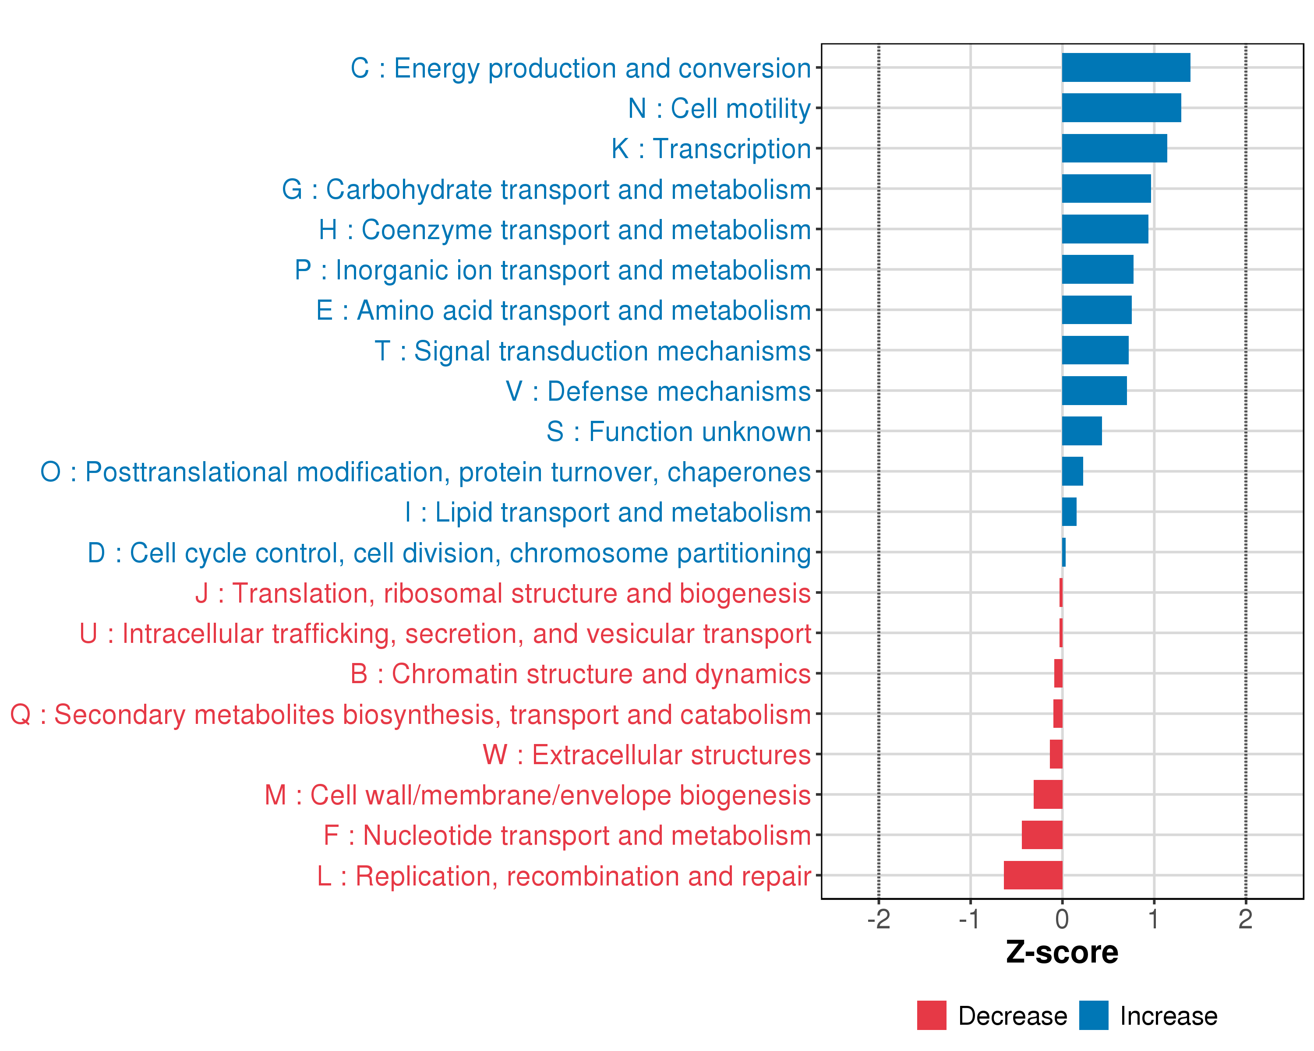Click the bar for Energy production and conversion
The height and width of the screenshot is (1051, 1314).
point(1126,67)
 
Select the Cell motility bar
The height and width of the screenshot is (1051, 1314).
point(1121,108)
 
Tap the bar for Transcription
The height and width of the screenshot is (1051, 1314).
point(1114,148)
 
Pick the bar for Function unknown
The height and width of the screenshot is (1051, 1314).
point(1082,431)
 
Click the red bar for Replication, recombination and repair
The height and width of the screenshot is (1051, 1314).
point(1033,875)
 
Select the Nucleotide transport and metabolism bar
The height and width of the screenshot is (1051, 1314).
point(1042,835)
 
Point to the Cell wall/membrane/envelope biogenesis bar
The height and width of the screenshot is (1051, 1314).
point(1048,794)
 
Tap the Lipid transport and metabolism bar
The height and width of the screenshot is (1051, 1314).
point(1069,512)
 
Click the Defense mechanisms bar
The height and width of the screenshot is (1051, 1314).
point(1094,391)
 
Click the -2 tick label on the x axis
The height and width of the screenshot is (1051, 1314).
point(878,919)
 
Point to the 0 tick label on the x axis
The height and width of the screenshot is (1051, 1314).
point(1062,919)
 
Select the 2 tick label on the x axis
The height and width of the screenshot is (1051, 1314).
point(1245,919)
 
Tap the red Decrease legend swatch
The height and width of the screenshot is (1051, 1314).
point(931,1015)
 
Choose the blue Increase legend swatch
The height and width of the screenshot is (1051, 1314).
point(1093,1015)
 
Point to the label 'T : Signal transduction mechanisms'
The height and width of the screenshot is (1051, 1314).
point(593,351)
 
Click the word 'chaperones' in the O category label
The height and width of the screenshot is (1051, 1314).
point(738,472)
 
